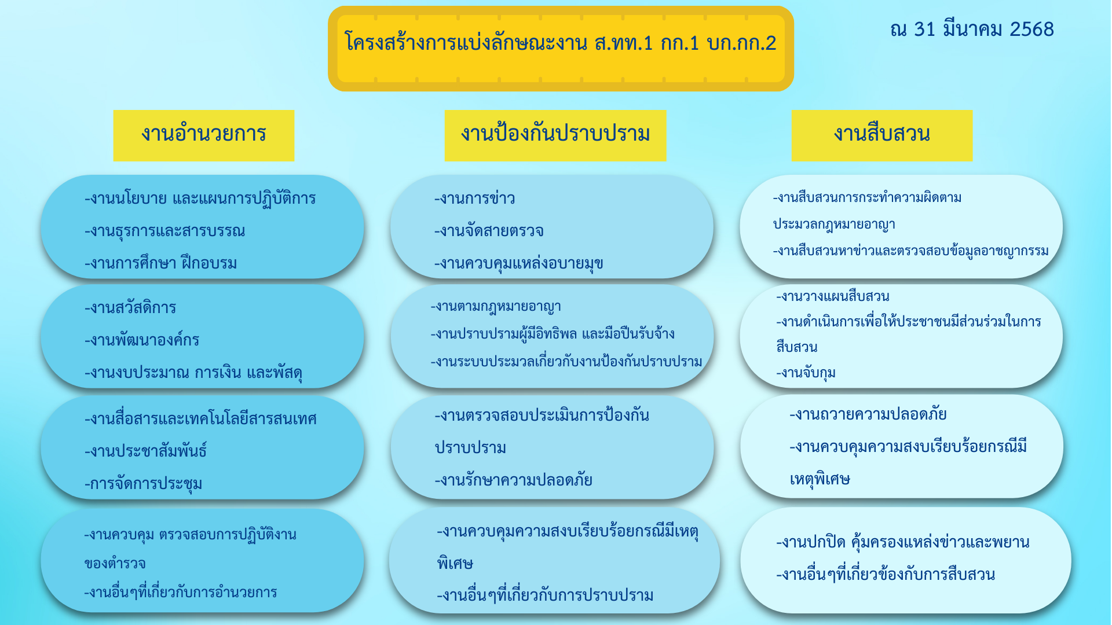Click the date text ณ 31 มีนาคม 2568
coord(972,30)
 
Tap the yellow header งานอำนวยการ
coord(204,135)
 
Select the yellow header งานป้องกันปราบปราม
coord(555,135)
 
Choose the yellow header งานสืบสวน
coord(882,135)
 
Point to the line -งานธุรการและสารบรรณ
coord(165,231)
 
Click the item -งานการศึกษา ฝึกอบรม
coord(161,263)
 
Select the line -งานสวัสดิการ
coord(130,307)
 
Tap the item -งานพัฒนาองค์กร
coord(142,340)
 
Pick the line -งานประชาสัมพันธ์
coord(146,450)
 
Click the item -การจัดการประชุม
coord(144,483)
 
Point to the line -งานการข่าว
coord(475,198)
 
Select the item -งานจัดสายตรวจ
coord(489,231)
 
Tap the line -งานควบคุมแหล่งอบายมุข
coord(519,263)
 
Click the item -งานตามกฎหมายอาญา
coord(496,307)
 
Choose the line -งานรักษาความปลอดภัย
coord(514,480)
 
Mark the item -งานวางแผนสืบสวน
coord(833,296)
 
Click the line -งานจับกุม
coord(806,373)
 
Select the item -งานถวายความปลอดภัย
coord(868,414)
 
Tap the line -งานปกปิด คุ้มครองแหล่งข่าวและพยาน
coord(903,542)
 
